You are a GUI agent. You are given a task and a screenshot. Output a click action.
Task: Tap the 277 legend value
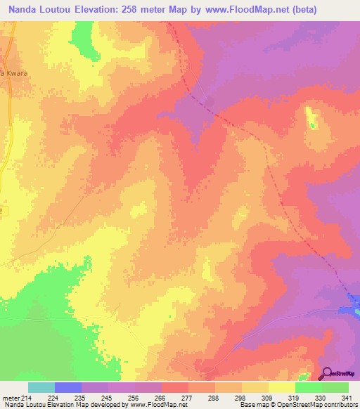[187, 398]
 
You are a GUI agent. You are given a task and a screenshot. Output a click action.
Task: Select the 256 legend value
[134, 398]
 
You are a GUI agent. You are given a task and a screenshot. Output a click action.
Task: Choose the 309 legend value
[267, 398]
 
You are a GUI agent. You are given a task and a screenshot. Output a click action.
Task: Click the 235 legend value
[81, 398]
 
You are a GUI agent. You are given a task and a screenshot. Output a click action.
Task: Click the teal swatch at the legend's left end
[41, 387]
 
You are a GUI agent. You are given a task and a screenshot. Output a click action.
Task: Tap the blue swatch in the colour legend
[68, 387]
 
